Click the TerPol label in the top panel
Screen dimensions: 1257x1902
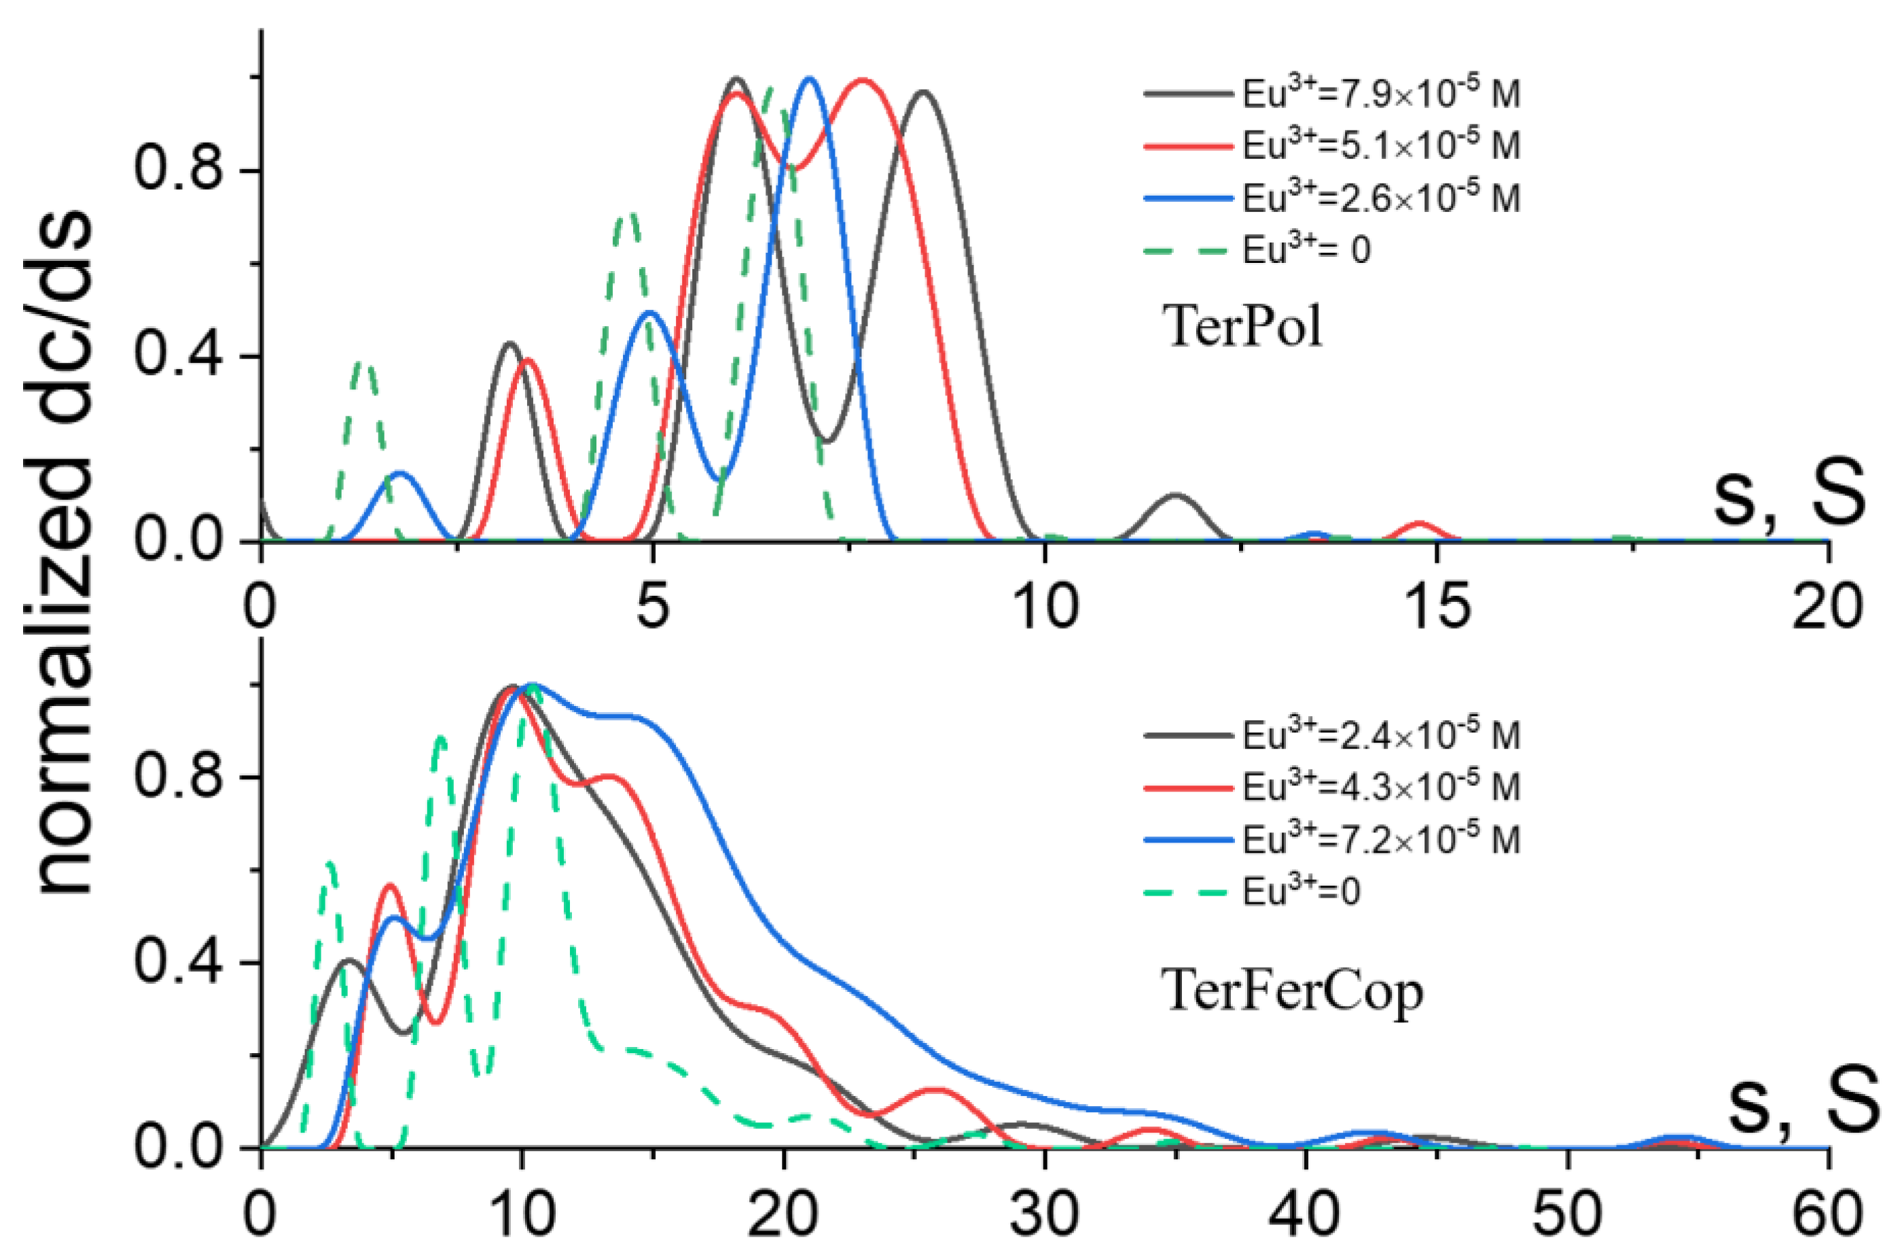(x=1242, y=326)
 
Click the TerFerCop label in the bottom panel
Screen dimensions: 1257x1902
(x=1291, y=991)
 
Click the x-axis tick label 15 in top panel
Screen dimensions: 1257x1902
(x=1438, y=607)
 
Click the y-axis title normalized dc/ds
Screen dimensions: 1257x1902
(x=64, y=553)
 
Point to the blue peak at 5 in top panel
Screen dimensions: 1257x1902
(x=649, y=314)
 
